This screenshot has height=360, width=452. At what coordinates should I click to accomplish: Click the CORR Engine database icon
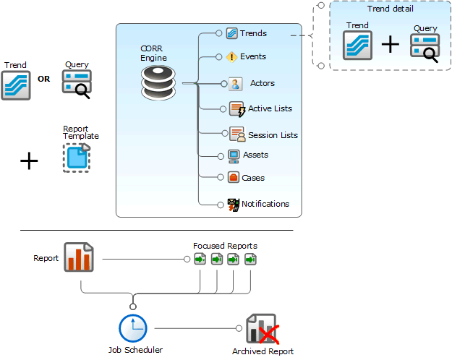coord(157,83)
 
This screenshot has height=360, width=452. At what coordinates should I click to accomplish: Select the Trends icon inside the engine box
coord(232,33)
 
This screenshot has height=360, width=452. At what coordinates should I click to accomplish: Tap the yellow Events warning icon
coord(232,56)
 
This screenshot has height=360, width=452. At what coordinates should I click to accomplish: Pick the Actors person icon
coord(235,83)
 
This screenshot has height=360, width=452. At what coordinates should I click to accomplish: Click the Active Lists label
coord(270,108)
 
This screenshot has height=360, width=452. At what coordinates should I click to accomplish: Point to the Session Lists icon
coord(237,134)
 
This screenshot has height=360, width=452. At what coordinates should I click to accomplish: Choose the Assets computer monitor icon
coord(234,155)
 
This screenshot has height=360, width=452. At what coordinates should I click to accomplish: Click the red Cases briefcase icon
coord(234,177)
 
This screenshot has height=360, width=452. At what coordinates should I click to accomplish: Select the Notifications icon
coord(234,205)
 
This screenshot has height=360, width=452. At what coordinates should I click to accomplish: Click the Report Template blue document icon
coord(77,157)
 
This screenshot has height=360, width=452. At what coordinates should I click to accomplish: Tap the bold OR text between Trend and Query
coord(44,79)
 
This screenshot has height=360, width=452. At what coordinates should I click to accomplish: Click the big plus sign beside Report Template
coord(29,160)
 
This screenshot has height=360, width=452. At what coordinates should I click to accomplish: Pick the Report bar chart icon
coord(78,257)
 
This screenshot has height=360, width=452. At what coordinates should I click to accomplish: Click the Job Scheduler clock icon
coord(133,329)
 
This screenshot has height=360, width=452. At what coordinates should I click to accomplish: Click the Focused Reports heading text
coord(225,246)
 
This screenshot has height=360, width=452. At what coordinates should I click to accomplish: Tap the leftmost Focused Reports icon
coord(200,260)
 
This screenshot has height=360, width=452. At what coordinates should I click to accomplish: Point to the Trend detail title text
coord(391,9)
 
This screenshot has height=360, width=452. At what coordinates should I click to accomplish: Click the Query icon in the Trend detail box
coord(425,46)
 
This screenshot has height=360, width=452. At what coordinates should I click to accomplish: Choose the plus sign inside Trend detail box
coord(391,45)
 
